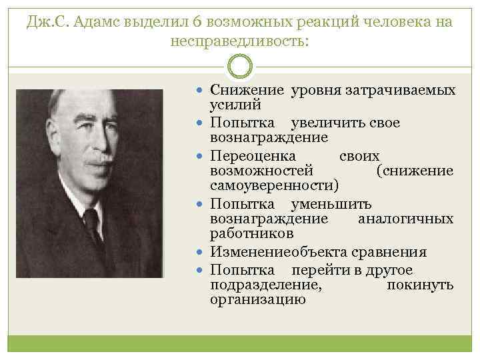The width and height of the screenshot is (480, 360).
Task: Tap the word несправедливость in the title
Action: click(x=240, y=41)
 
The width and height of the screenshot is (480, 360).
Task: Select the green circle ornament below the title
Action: click(x=240, y=67)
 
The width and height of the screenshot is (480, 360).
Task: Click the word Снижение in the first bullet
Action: click(x=246, y=90)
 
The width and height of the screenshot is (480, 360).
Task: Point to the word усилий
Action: click(x=235, y=105)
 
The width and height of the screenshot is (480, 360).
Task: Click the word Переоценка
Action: click(x=253, y=155)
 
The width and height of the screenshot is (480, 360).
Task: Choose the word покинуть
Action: click(x=420, y=285)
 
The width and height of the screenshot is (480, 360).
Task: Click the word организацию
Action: click(x=257, y=301)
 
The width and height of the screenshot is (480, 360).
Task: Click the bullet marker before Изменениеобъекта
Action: click(x=201, y=252)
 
